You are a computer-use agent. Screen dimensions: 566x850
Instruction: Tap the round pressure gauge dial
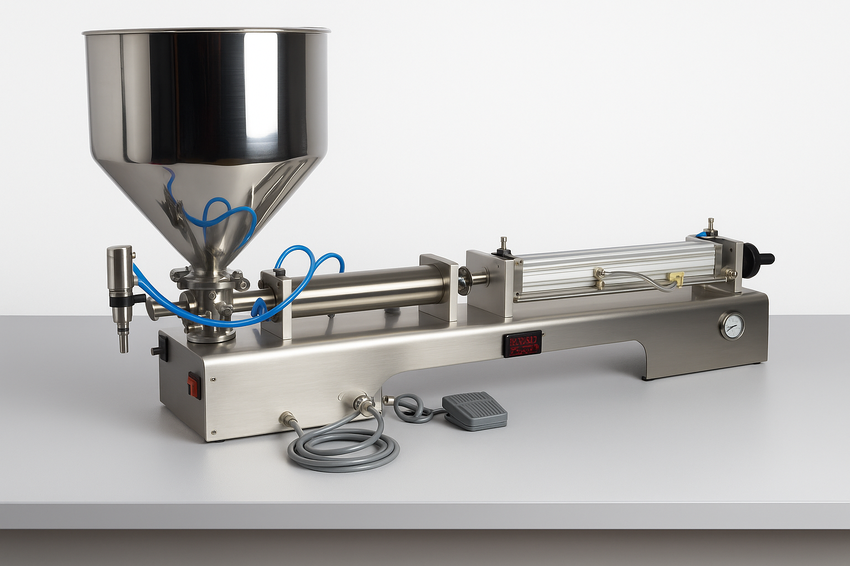[732, 326]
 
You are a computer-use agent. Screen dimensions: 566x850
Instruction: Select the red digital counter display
[522, 344]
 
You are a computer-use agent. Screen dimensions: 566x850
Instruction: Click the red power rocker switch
[193, 385]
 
